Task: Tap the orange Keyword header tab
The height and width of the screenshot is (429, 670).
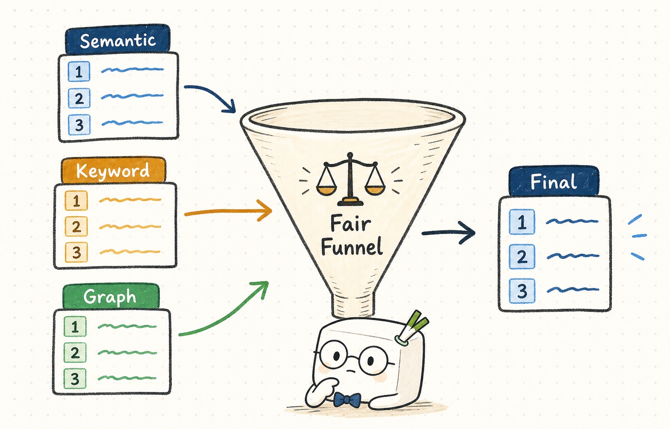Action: [x=113, y=170]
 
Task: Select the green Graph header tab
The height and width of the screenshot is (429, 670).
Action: [x=111, y=296]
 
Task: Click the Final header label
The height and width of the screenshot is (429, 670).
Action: [x=554, y=181]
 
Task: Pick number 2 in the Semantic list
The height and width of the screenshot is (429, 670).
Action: [x=79, y=98]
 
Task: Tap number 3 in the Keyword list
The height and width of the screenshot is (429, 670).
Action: [x=76, y=252]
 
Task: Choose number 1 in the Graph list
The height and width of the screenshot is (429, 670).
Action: [x=75, y=326]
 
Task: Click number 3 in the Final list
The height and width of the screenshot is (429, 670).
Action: [x=522, y=290]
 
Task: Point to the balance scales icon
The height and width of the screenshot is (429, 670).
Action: [x=350, y=179]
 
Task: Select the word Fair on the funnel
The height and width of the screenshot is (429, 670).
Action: [x=350, y=223]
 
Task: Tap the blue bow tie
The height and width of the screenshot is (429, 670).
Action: [x=347, y=400]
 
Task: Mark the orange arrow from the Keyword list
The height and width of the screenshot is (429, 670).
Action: [x=228, y=212]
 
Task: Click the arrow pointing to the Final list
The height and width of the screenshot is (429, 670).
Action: [x=448, y=233]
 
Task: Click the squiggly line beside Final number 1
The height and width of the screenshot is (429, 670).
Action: [x=572, y=222]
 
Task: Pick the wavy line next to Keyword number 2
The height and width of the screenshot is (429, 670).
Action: [x=130, y=227]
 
